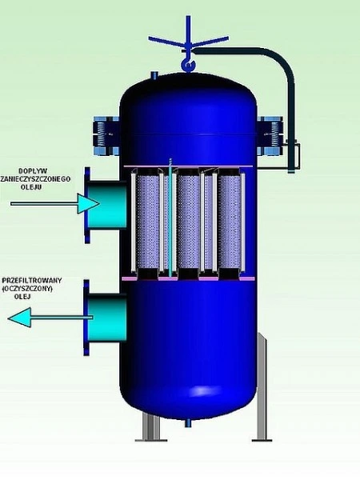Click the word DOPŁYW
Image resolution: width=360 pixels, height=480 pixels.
coord(33,171)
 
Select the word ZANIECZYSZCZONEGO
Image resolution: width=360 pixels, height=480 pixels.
coord(35,178)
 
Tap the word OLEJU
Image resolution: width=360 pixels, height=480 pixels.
coord(32,186)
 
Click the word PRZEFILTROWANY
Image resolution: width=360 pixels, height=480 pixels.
coord(32,281)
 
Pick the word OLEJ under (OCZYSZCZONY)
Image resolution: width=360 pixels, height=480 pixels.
coord(22,296)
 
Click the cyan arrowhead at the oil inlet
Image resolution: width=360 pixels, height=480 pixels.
coord(88,203)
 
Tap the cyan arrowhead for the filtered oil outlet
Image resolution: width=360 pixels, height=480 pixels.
coord(19,318)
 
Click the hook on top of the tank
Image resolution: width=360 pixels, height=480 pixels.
coord(187,65)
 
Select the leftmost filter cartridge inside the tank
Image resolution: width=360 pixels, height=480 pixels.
coord(147,222)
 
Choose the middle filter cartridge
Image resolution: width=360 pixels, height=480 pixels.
coord(189,222)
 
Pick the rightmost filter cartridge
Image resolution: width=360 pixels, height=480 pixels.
coord(229,222)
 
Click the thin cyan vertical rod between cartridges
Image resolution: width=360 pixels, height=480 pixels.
coord(170,218)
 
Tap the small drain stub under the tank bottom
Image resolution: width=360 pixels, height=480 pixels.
coord(188,422)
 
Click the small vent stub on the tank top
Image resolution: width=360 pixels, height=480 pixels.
coord(154,75)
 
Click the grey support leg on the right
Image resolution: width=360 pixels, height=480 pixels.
coord(262,387)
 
